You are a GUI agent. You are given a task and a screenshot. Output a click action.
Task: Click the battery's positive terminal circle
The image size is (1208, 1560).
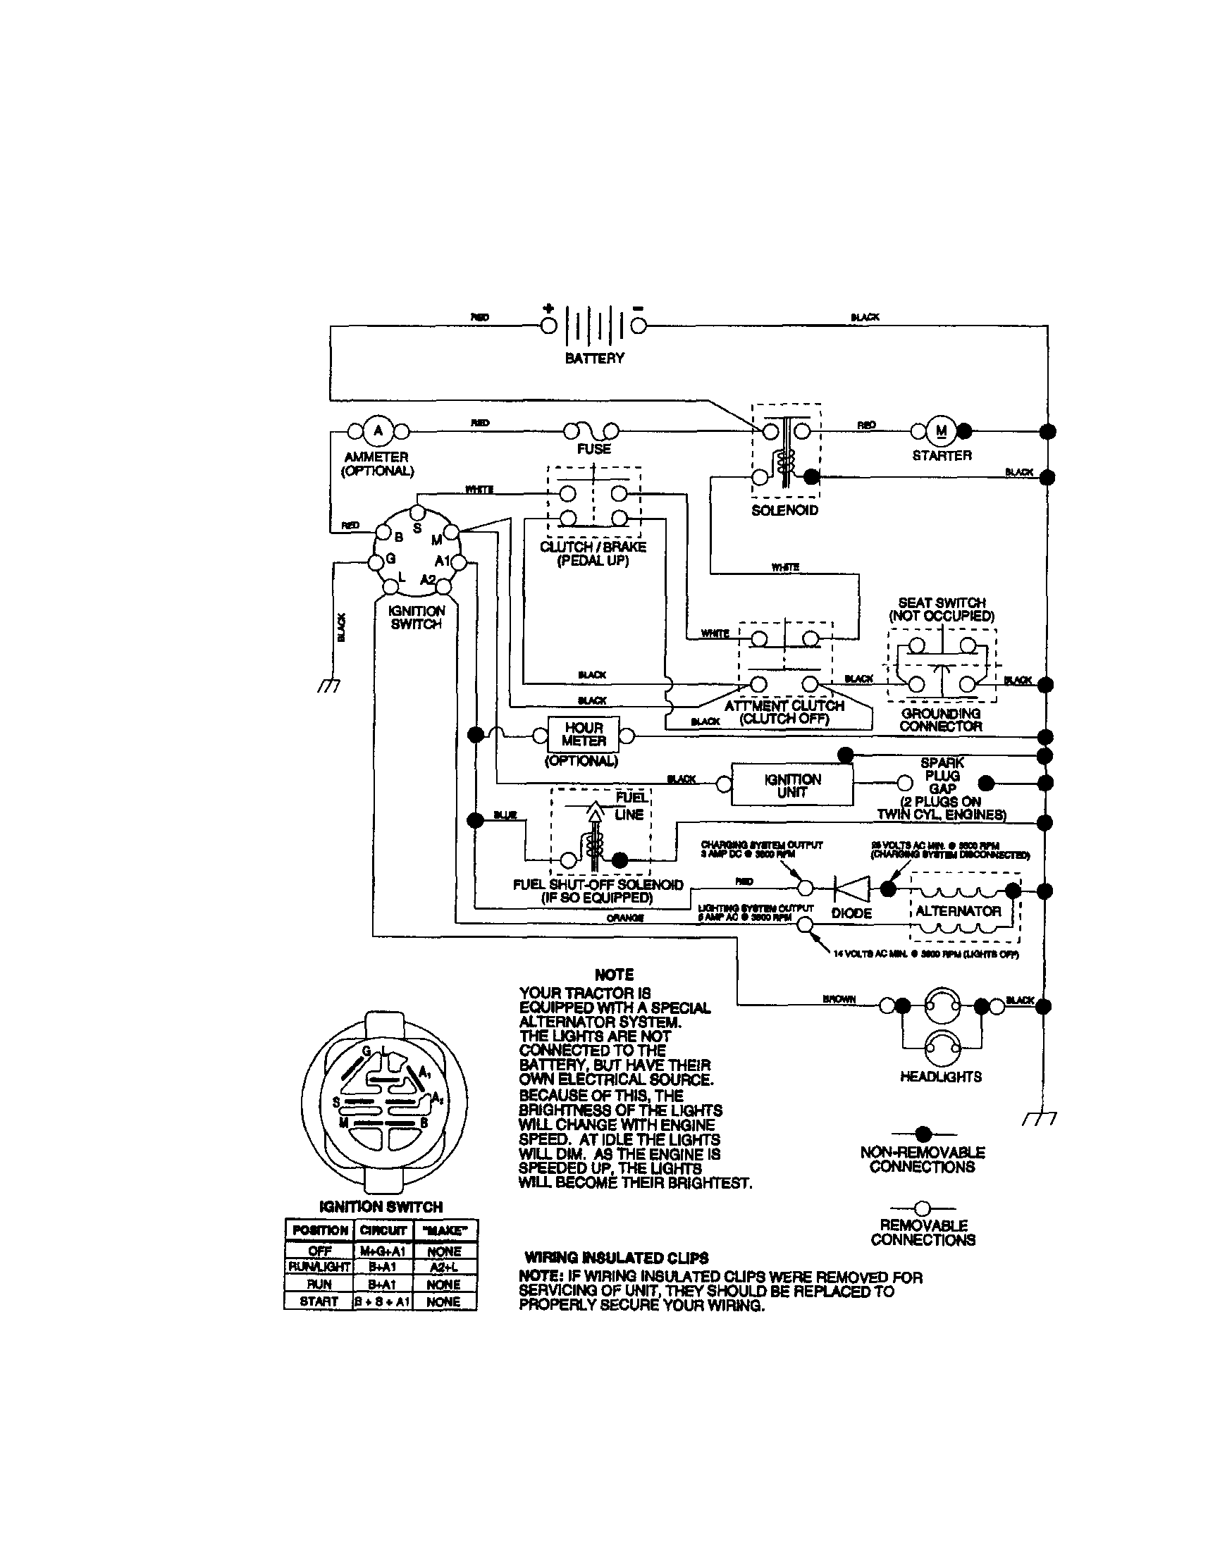click(x=548, y=326)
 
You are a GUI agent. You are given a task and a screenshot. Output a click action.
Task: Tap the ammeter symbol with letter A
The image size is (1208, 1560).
click(x=378, y=431)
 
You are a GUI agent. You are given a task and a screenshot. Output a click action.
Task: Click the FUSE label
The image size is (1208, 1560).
click(x=593, y=449)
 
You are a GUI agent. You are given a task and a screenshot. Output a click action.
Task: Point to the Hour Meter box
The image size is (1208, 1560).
click(x=583, y=734)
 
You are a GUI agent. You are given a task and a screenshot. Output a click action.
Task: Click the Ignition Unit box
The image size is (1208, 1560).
click(x=792, y=786)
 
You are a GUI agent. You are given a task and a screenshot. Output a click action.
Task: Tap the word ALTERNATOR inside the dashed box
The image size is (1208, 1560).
click(x=958, y=911)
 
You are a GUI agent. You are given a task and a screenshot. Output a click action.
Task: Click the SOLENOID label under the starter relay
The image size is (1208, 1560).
click(x=784, y=510)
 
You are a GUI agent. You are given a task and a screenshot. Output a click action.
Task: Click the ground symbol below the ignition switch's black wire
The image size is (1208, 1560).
click(x=329, y=686)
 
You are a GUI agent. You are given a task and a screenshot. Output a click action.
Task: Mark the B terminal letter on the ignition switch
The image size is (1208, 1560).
click(x=399, y=536)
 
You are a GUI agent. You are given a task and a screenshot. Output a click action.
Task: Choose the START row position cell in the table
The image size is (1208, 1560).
click(x=319, y=1301)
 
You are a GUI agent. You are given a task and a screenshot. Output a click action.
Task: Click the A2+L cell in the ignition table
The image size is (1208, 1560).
click(x=443, y=1266)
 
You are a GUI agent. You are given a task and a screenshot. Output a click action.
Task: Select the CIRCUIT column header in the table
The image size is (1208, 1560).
click(x=383, y=1230)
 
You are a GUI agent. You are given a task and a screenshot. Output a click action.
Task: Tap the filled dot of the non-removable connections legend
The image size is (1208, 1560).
click(x=923, y=1133)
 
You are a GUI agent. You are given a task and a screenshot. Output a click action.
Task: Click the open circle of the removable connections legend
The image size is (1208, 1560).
click(x=923, y=1208)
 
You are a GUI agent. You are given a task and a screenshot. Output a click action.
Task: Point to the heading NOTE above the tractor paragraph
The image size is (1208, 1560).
click(x=614, y=974)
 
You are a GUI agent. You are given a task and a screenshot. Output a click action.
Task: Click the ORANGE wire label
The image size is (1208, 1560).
click(x=625, y=918)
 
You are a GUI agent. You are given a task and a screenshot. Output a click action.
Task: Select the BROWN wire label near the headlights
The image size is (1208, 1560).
click(x=839, y=998)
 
